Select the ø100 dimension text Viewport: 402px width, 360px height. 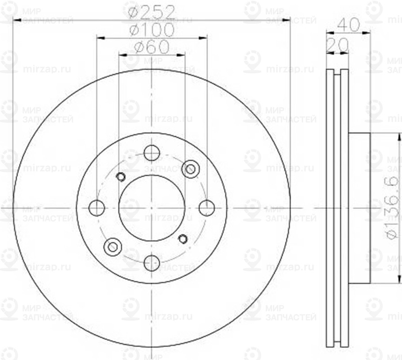coord(151,30)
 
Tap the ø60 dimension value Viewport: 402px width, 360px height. coord(151,46)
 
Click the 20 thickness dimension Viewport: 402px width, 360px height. coord(337,45)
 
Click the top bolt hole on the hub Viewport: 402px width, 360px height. coord(152,153)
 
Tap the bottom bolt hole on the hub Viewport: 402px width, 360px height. coord(152,263)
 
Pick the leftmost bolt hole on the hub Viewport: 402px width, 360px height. coord(97,208)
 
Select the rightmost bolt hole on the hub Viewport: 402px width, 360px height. coord(207,208)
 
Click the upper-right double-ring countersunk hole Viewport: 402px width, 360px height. coord(190,169)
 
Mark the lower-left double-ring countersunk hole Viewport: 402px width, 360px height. coord(112,247)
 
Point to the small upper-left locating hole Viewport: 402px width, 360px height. coord(121,177)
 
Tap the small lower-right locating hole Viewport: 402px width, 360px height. coord(183,238)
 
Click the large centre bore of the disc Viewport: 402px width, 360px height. coord(152,208)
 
